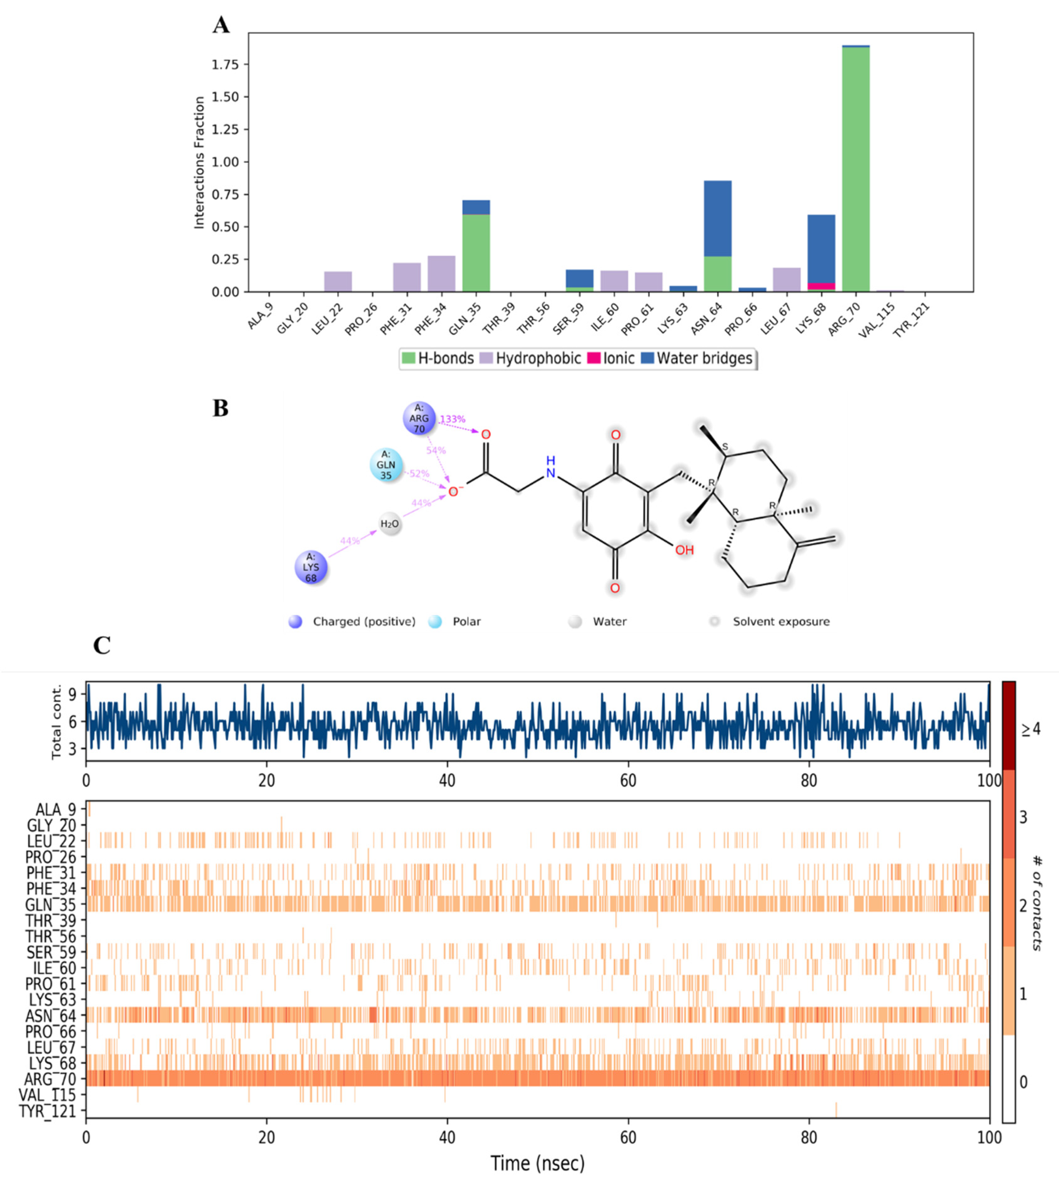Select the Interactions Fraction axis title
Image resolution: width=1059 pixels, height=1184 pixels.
coord(200,163)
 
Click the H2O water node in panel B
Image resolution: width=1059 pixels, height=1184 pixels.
coord(390,524)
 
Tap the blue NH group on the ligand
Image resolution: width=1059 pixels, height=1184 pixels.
coord(550,467)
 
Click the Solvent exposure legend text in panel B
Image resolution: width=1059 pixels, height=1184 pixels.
coord(781,621)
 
